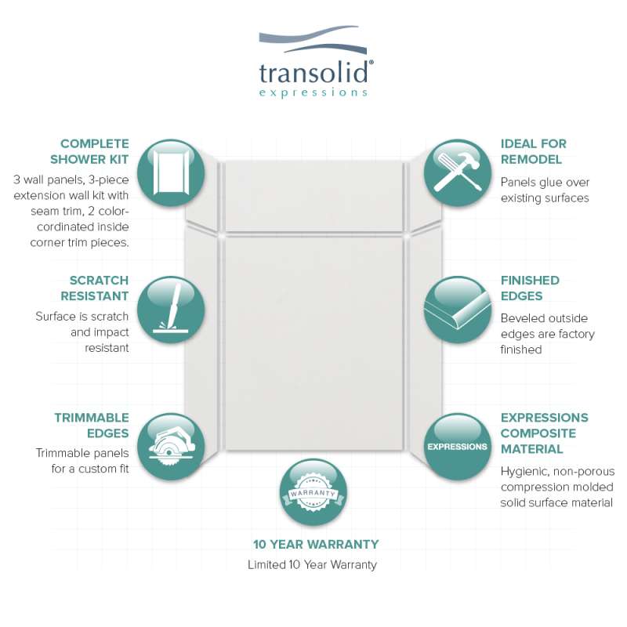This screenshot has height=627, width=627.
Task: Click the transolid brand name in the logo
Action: [314, 73]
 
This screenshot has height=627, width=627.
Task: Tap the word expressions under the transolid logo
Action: [313, 92]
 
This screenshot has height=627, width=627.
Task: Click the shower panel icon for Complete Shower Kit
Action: [171, 172]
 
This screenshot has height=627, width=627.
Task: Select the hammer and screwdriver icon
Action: [458, 172]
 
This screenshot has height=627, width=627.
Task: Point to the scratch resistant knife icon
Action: [171, 310]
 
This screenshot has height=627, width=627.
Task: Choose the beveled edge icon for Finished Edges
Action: [458, 310]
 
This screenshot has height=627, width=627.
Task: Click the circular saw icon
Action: [171, 447]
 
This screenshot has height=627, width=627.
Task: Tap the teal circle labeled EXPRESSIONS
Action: [458, 447]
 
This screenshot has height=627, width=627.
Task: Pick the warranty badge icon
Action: [313, 492]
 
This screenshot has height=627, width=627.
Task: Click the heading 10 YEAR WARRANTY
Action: [316, 544]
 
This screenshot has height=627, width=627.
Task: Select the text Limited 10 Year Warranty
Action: [312, 564]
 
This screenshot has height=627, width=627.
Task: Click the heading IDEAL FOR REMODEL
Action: [534, 151]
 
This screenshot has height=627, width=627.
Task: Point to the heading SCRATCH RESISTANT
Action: [95, 288]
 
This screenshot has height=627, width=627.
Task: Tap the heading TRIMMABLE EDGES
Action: [92, 426]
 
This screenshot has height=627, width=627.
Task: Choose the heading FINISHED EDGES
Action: [530, 288]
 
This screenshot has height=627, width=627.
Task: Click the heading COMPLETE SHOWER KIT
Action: [89, 151]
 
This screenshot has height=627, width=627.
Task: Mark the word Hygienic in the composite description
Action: [520, 472]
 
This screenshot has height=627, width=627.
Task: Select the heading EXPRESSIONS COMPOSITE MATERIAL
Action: [544, 433]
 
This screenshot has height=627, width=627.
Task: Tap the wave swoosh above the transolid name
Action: [313, 39]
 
